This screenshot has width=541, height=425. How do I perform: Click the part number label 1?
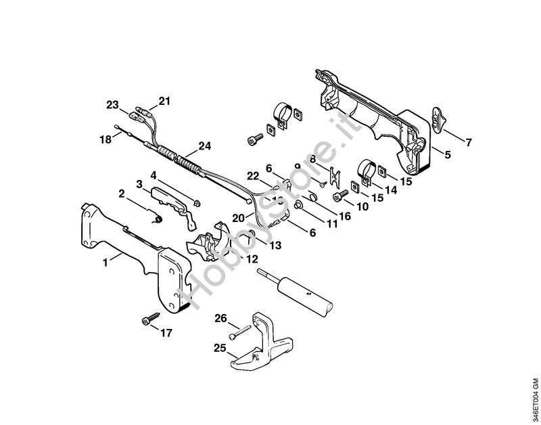(x=105, y=263)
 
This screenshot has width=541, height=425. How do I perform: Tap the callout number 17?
(x=166, y=333)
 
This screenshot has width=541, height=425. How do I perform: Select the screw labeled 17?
(x=151, y=319)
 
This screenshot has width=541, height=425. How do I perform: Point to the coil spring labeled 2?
(x=158, y=219)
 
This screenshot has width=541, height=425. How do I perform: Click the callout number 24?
(x=205, y=146)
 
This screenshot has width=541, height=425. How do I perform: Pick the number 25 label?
(x=220, y=348)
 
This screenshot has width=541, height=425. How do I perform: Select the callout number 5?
(x=448, y=154)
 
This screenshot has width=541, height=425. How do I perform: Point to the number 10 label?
(x=362, y=206)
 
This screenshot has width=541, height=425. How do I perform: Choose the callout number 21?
(x=164, y=102)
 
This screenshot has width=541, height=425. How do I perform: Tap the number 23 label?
(x=112, y=105)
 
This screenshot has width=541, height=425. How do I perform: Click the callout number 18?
(x=106, y=139)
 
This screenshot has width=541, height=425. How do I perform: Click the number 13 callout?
(x=275, y=246)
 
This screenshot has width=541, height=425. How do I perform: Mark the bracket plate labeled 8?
(x=334, y=176)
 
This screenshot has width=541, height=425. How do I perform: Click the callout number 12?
(x=252, y=259)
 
